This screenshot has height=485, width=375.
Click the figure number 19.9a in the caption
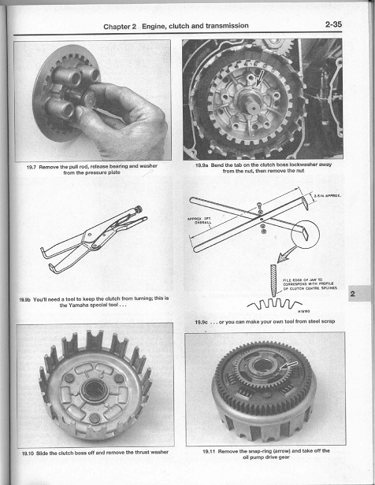coord(206,165)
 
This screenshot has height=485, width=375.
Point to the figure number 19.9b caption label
coord(29,299)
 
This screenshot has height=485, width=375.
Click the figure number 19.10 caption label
coord(33,453)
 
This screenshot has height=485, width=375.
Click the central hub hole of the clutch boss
coord(93,391)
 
